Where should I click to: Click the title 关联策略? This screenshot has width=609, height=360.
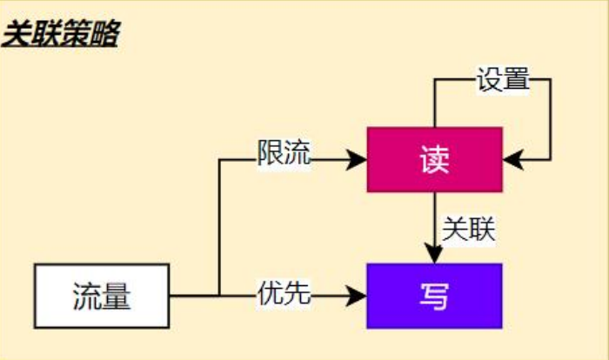61,34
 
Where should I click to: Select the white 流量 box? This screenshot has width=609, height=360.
102,296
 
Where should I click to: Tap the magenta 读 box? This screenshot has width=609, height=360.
435,160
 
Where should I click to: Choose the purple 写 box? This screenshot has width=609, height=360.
435,296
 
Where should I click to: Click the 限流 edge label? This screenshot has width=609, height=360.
284,152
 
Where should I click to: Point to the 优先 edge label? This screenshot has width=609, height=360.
284,292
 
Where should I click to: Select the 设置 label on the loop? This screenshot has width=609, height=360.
503,79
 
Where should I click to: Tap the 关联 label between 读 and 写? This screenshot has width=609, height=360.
469,229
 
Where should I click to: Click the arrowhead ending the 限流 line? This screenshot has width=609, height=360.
357,160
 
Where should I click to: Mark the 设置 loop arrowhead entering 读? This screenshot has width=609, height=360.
512,160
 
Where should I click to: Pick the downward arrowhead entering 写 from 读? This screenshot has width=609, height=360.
434,254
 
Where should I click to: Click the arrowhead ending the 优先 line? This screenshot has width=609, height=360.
357,296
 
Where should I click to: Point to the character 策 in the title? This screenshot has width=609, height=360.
76,34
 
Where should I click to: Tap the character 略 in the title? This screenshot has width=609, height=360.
105,34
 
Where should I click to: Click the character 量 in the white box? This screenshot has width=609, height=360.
116,297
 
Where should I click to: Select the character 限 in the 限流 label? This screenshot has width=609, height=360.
271,152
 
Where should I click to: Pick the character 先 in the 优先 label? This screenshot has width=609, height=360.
298,292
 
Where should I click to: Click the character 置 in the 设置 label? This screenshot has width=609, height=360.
517,79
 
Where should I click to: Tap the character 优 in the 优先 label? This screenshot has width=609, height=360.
271,292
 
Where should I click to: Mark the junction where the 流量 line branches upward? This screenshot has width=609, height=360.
219,296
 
